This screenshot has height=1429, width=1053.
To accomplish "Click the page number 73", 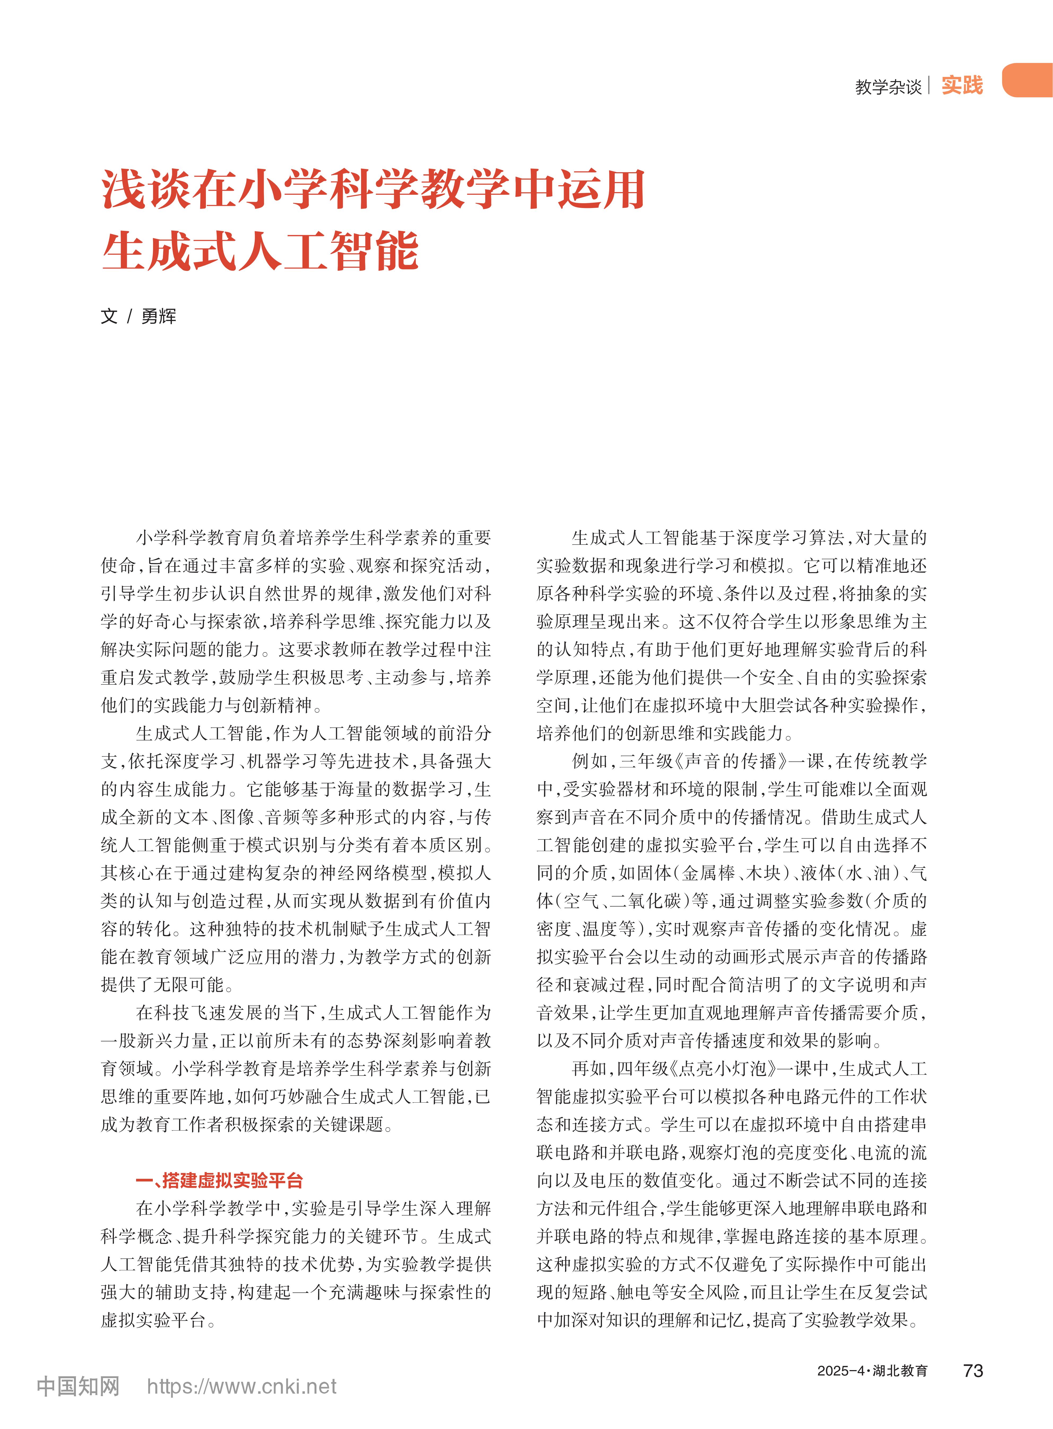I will (x=973, y=1370).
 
